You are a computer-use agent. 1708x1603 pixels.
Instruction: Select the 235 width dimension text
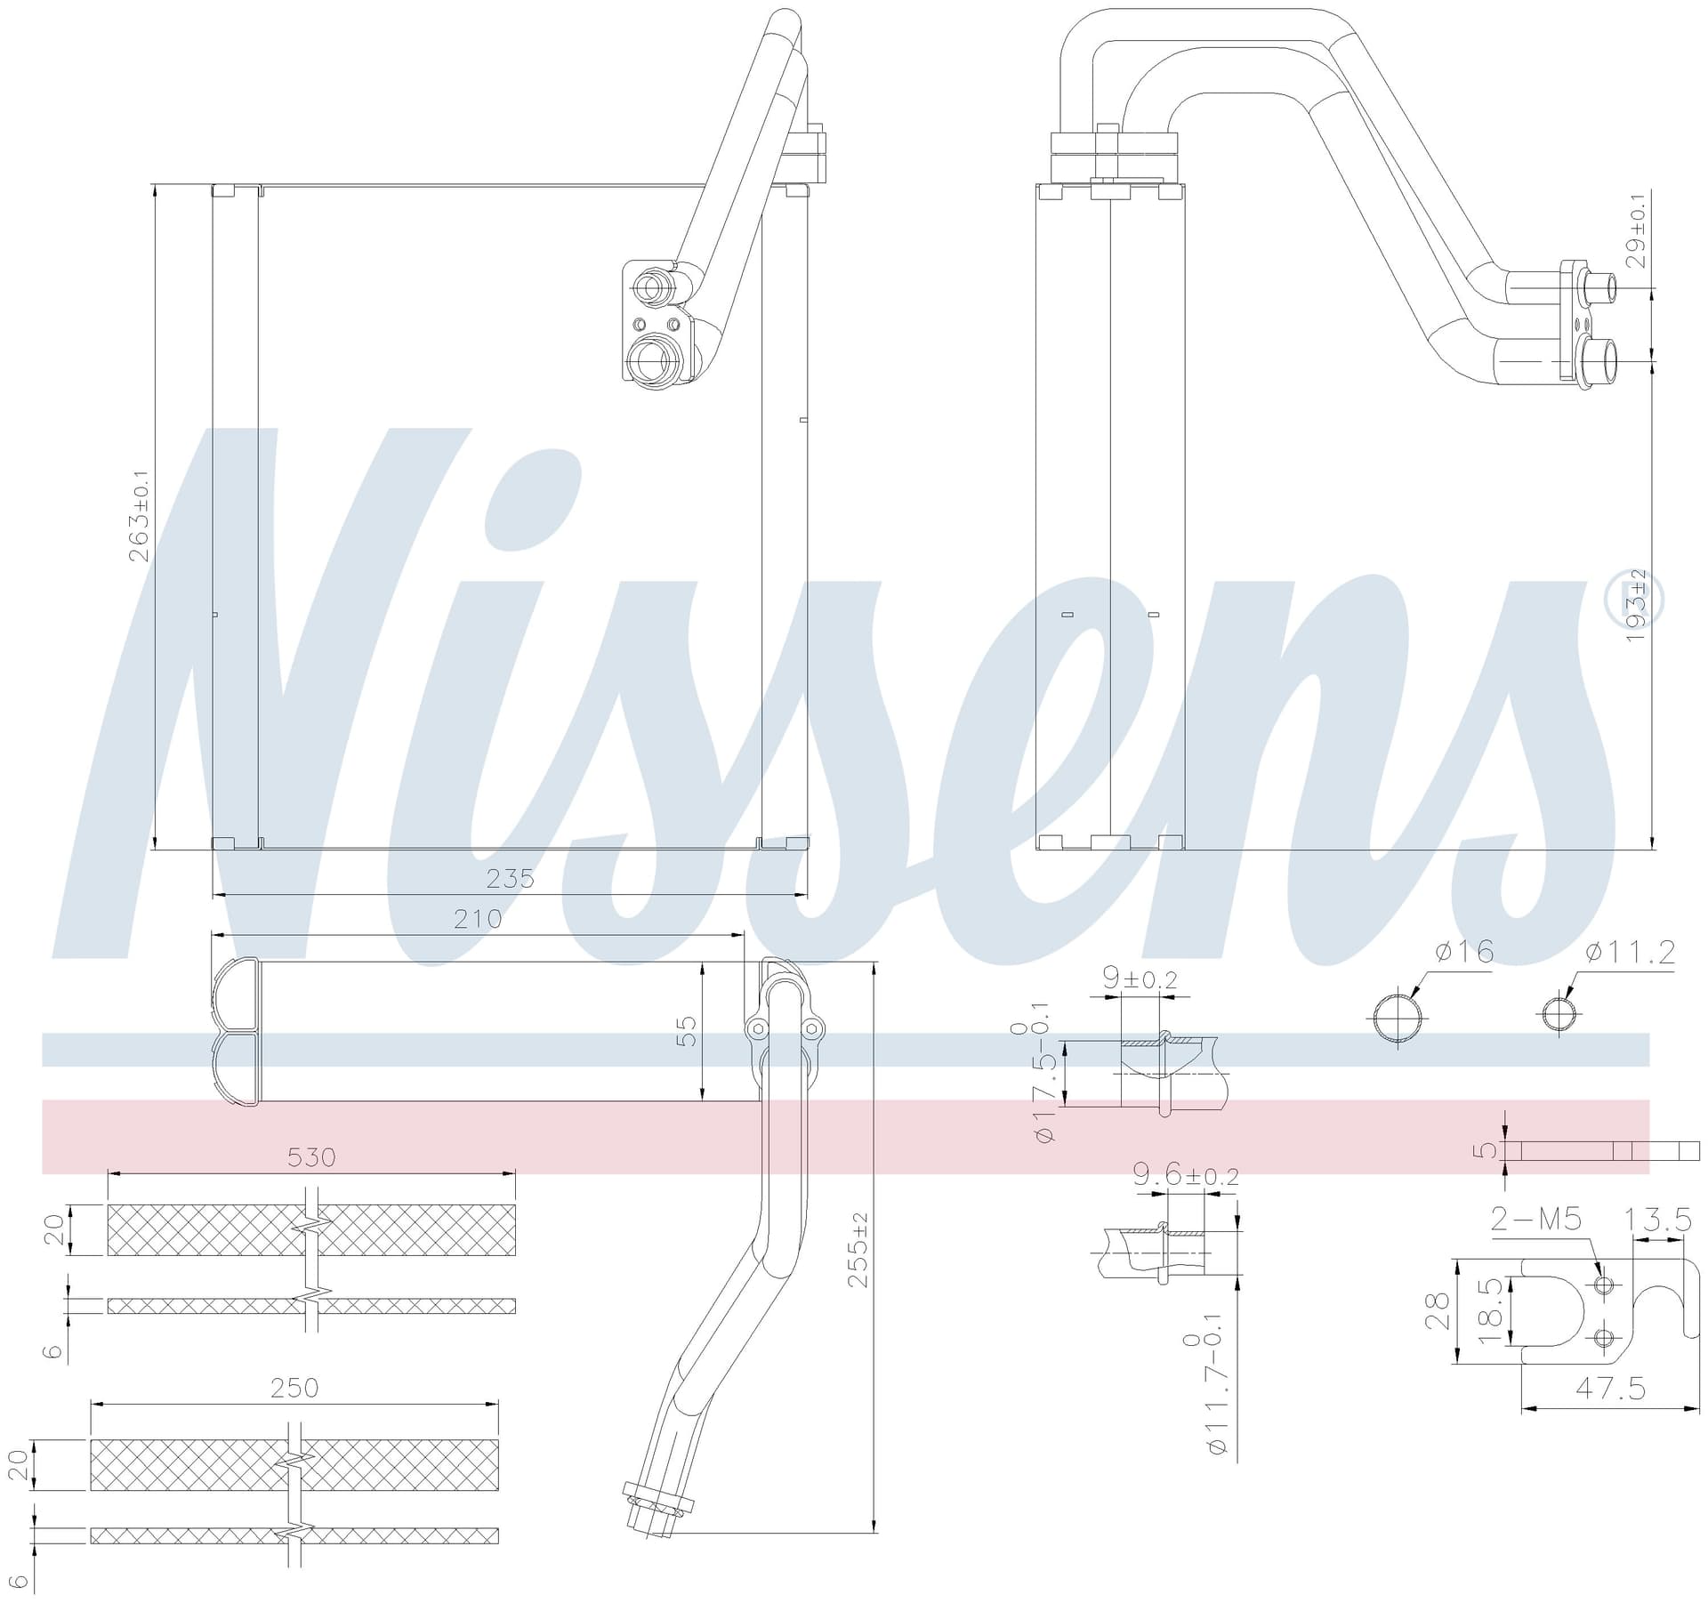click(510, 879)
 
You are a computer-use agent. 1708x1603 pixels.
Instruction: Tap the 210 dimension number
click(478, 918)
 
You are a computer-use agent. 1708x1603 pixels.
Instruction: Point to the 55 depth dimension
click(687, 1031)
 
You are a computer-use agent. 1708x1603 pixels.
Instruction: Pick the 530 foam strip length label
click(311, 1156)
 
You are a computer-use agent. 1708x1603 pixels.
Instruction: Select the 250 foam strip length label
click(294, 1388)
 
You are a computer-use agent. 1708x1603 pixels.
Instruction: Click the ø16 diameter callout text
click(1464, 952)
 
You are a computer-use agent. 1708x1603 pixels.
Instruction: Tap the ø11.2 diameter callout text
click(1631, 953)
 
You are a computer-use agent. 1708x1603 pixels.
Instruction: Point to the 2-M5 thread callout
click(1536, 1218)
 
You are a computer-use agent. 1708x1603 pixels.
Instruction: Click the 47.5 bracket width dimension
click(1610, 1387)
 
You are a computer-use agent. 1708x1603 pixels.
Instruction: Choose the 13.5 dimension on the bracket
click(1658, 1220)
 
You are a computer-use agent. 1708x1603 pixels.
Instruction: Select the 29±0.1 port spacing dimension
click(1638, 229)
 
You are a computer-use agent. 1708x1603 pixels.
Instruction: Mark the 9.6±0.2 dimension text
click(1186, 1176)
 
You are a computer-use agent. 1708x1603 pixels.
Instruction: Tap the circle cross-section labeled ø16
click(1398, 1019)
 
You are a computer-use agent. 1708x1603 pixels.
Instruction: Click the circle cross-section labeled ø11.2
click(1560, 1015)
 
